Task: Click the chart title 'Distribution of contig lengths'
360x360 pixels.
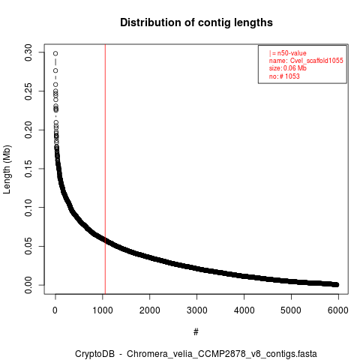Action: pyautogui.click(x=196, y=22)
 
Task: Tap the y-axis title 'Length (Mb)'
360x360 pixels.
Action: pyautogui.click(x=7, y=169)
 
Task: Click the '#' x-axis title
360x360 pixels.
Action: pyautogui.click(x=196, y=331)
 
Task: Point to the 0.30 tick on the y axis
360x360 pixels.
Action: pyautogui.click(x=28, y=52)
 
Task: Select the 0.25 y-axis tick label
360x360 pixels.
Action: pyautogui.click(x=28, y=91)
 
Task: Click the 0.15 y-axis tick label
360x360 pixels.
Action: pyautogui.click(x=28, y=169)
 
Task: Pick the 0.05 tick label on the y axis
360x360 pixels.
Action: pyautogui.click(x=28, y=246)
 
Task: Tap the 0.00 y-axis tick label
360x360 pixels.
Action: pyautogui.click(x=28, y=285)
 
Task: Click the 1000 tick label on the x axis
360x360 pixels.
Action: pyautogui.click(x=103, y=310)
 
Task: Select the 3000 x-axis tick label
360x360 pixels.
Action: pyautogui.click(x=197, y=310)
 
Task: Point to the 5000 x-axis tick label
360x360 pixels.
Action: pyautogui.click(x=291, y=310)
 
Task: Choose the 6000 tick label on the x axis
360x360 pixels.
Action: pyautogui.click(x=338, y=310)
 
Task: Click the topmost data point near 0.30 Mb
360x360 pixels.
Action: pyautogui.click(x=55, y=53)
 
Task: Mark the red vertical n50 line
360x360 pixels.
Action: pyautogui.click(x=105, y=169)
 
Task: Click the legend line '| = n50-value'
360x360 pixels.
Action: pyautogui.click(x=287, y=53)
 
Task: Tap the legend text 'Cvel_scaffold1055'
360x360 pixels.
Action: pyautogui.click(x=316, y=61)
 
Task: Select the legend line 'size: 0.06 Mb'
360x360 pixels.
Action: pyautogui.click(x=288, y=68)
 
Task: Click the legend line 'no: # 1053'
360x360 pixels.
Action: pyautogui.click(x=284, y=76)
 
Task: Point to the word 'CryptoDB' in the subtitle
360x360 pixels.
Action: pyautogui.click(x=94, y=354)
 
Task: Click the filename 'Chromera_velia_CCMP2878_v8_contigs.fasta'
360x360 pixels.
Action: pyautogui.click(x=222, y=354)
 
